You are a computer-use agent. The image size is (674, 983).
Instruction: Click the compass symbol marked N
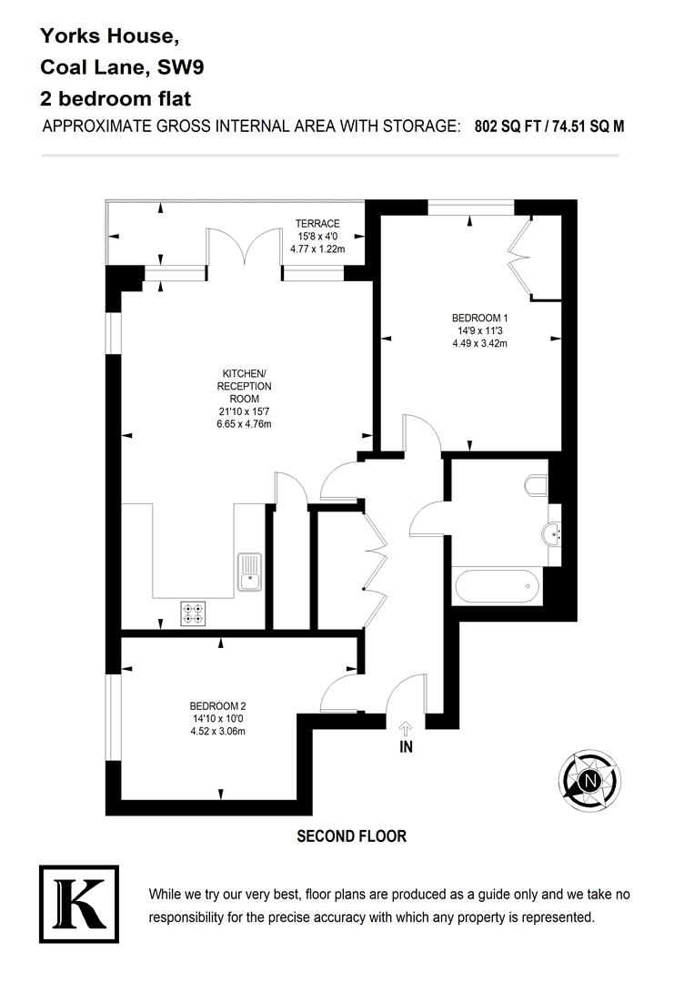coord(590,780)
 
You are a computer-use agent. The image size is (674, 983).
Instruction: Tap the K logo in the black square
coord(79,904)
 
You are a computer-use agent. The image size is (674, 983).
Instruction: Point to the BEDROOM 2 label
coord(218,705)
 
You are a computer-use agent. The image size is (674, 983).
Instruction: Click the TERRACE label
coord(317,223)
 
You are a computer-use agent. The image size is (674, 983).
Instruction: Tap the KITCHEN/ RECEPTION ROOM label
coord(244,386)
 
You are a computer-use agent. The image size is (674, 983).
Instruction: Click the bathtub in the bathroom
coord(497,586)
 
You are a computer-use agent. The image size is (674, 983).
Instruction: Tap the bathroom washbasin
coord(552,533)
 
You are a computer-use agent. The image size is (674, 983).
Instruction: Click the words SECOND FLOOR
coord(351,836)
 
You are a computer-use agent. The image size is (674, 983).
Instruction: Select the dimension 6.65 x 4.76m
coord(243,424)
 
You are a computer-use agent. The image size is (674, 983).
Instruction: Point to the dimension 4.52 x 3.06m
coord(218,731)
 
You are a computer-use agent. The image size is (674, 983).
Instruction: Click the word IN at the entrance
coord(406,748)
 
